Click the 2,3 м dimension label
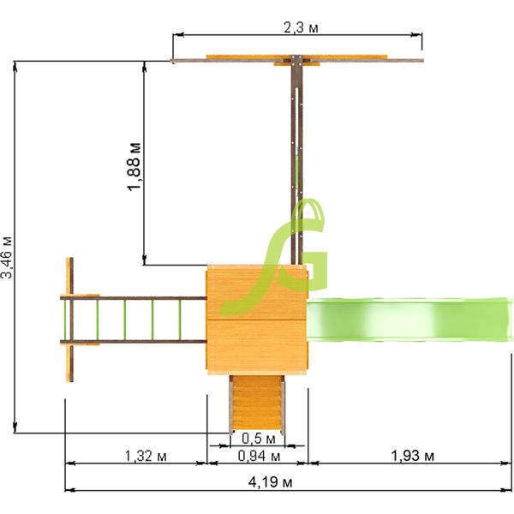click(301, 28)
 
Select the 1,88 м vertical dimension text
click(134, 167)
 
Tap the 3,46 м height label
click(6, 258)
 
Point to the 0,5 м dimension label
click(259, 439)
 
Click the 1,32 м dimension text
click(146, 456)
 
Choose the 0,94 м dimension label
click(259, 456)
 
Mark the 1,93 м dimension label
click(413, 456)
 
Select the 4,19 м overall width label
click(271, 482)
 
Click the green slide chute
click(409, 320)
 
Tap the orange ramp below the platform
click(257, 404)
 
